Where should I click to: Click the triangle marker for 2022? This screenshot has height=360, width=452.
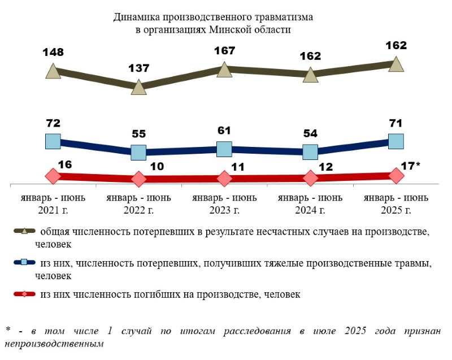coord(138,88)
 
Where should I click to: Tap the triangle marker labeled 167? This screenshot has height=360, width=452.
coord(224,70)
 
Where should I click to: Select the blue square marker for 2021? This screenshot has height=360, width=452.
coord(53,141)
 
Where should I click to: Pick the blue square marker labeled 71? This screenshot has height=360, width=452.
coord(396,141)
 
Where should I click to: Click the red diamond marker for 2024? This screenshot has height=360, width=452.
coord(310,177)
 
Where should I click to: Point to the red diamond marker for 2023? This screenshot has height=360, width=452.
coord(224,179)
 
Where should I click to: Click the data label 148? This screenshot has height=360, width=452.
coord(53,53)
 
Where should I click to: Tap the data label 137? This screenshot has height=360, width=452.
coord(138,68)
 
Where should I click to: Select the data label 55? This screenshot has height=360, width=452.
coord(138,134)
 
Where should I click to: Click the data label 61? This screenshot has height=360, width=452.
coord(224,131)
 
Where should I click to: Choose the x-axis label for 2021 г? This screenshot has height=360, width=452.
coord(53,204)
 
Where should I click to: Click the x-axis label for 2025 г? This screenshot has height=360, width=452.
coord(396,204)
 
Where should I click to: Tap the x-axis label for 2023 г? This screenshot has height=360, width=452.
coord(224,204)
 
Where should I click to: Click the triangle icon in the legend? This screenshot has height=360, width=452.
coord(25,231)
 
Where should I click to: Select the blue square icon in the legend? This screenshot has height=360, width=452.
coord(25,263)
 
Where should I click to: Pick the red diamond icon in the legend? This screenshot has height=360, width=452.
coord(25,294)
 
